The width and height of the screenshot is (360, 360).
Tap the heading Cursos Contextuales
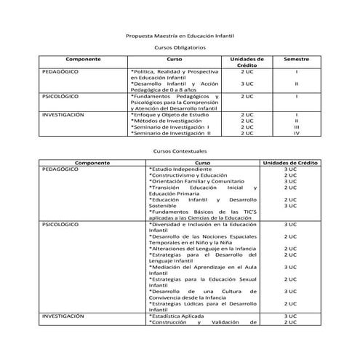coord(180,151)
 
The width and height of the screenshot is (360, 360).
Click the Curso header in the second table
coord(203,163)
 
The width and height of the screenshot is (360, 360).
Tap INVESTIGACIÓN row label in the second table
coord(63,316)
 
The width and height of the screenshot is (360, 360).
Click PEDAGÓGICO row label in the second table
coord(60,169)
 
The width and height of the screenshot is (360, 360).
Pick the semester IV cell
coord(296,133)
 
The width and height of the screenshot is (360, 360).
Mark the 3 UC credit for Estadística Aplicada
coord(290,316)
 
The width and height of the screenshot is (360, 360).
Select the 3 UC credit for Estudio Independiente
coord(290,169)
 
